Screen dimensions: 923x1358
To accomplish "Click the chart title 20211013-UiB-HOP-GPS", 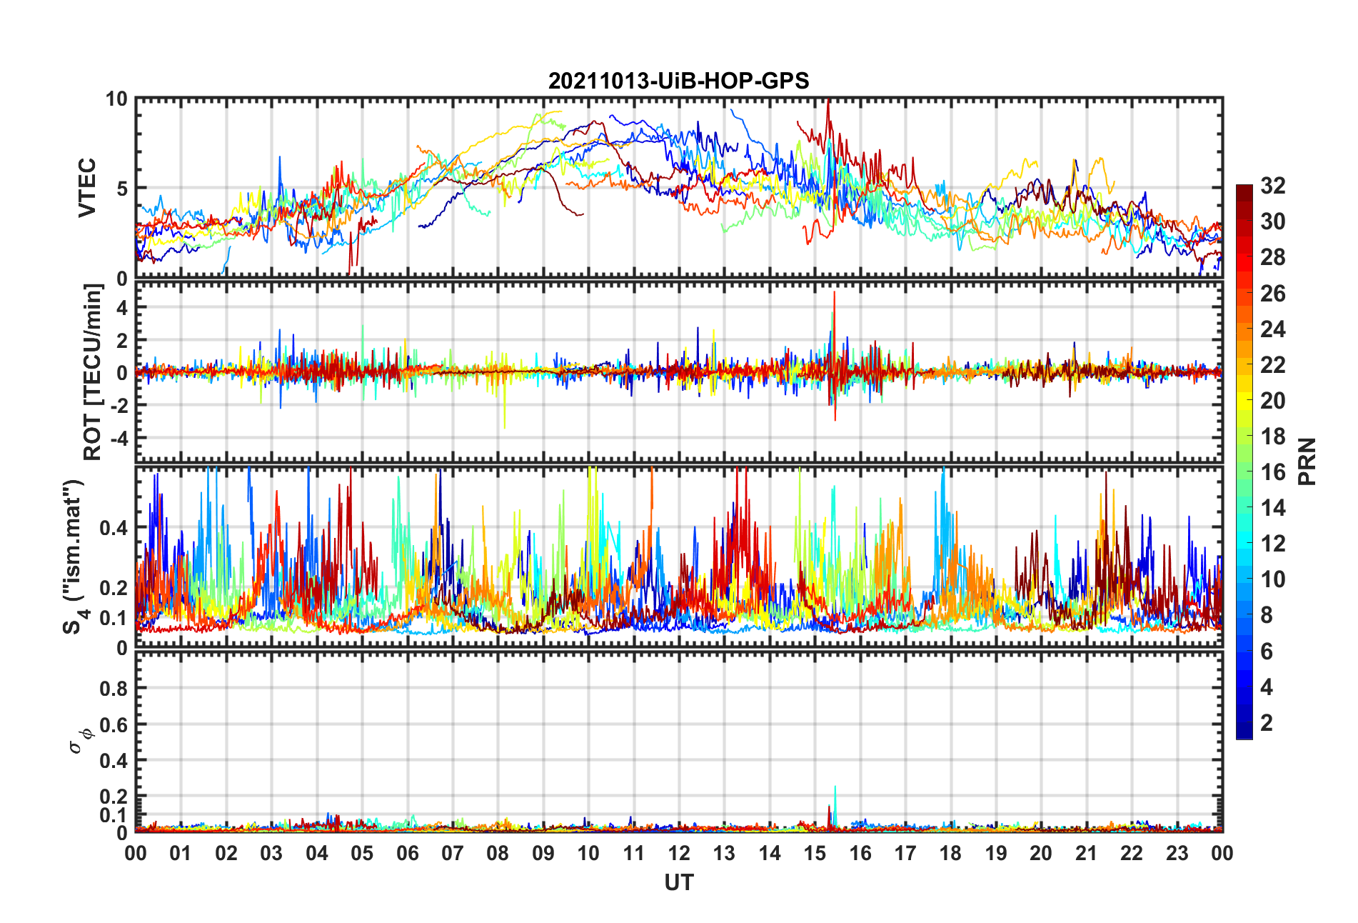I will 678,81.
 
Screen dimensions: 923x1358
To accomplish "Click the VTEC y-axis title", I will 87,188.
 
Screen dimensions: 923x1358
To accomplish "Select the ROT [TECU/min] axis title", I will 93,371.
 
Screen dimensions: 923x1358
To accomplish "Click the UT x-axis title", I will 678,883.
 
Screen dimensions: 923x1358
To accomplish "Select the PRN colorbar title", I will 1307,461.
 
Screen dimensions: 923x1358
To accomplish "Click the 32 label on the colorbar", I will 1272,186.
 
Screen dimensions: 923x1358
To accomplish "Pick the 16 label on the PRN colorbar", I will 1272,472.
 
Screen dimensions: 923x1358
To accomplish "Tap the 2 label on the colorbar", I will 1267,723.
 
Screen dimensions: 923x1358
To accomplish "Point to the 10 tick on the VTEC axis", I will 116,99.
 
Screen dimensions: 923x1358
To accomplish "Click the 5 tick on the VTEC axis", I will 121,189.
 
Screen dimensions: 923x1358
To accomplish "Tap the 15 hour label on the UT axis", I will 815,854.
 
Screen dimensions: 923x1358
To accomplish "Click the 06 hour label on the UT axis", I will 407,854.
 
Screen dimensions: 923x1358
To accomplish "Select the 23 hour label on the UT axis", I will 1177,854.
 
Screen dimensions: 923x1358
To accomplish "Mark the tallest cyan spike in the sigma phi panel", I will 835,788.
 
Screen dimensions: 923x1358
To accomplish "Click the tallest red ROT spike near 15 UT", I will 834,293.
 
